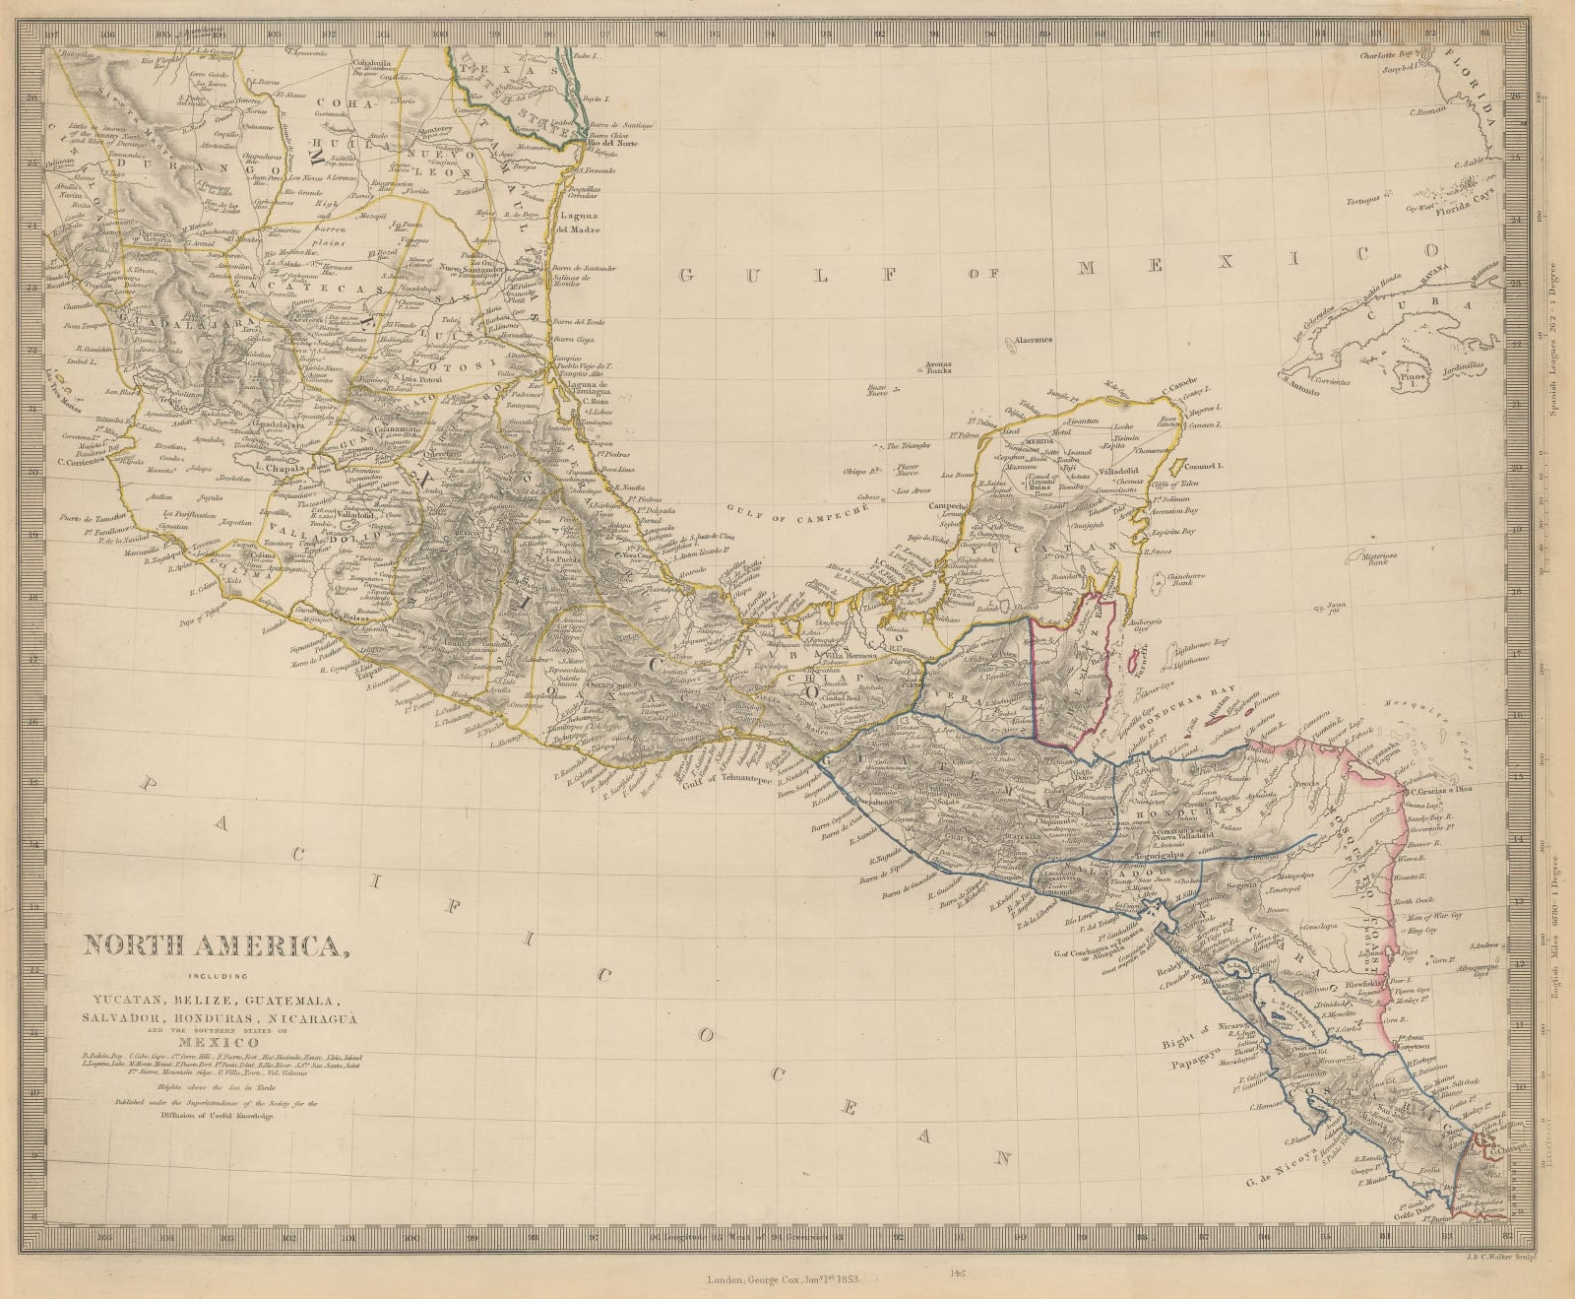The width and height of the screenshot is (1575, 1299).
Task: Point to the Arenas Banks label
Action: pyautogui.click(x=944, y=367)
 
